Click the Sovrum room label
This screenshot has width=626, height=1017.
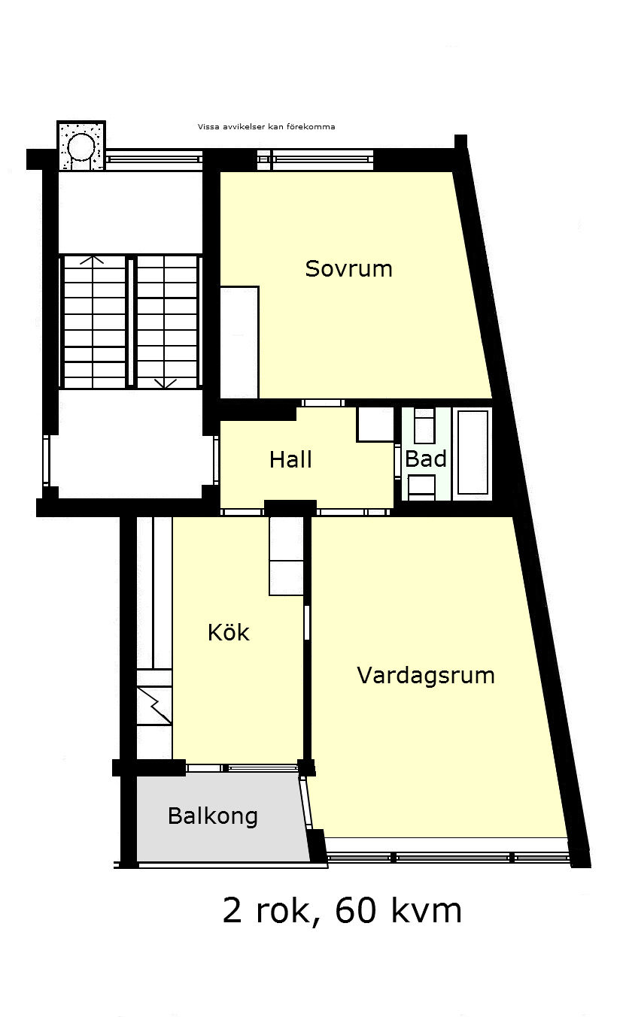(x=348, y=269)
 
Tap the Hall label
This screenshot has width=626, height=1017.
(x=290, y=459)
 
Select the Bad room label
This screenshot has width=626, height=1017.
(x=426, y=459)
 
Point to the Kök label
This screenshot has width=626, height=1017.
(x=228, y=632)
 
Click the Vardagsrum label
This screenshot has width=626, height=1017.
(x=426, y=676)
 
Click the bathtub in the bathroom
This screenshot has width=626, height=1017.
(x=473, y=453)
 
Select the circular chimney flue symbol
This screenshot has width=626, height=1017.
(x=81, y=147)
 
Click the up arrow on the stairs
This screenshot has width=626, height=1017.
(x=93, y=259)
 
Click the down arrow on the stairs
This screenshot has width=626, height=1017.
(x=166, y=383)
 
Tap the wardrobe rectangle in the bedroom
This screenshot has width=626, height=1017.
(x=239, y=342)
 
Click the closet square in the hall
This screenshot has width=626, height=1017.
(x=375, y=424)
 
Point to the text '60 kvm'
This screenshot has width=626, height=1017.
(x=399, y=910)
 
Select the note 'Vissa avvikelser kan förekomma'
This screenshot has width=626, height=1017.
(x=266, y=127)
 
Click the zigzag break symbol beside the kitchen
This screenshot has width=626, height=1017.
(x=154, y=705)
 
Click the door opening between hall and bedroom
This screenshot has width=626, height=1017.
(x=323, y=403)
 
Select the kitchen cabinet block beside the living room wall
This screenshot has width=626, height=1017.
(x=286, y=555)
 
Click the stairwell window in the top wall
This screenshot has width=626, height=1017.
(x=154, y=159)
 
